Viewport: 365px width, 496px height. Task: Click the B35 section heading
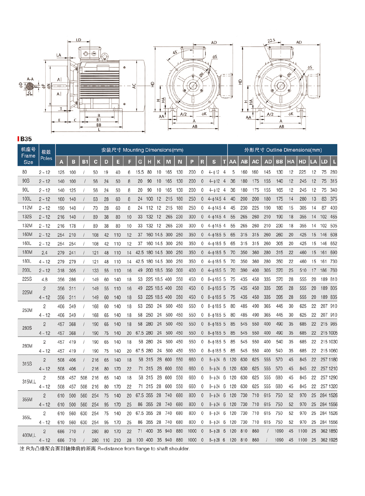(x=26, y=139)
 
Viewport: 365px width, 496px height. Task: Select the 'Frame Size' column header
(x=28, y=156)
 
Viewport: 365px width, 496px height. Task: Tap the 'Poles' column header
(x=46, y=155)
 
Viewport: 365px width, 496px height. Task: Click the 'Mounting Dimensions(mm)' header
(x=142, y=150)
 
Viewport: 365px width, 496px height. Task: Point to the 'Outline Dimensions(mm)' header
(x=283, y=150)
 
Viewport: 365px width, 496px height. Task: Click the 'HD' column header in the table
(x=302, y=162)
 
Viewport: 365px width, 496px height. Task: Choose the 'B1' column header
(x=85, y=162)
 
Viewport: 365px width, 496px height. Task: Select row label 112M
(x=27, y=208)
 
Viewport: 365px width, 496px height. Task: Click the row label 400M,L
(x=29, y=435)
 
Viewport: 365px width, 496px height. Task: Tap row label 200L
(x=27, y=270)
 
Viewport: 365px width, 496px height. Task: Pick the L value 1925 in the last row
(x=333, y=440)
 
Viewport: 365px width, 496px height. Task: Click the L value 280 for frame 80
(x=334, y=172)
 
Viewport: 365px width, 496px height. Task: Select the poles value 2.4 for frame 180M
(x=44, y=253)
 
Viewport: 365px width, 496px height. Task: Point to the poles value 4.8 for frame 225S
(x=44, y=279)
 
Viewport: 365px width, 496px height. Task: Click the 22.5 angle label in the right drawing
(x=271, y=41)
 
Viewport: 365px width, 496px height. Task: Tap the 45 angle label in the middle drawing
(x=175, y=52)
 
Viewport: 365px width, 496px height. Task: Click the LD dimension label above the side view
(x=79, y=40)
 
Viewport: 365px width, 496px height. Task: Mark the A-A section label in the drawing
(x=30, y=79)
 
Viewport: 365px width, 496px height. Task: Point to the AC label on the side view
(x=134, y=86)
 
